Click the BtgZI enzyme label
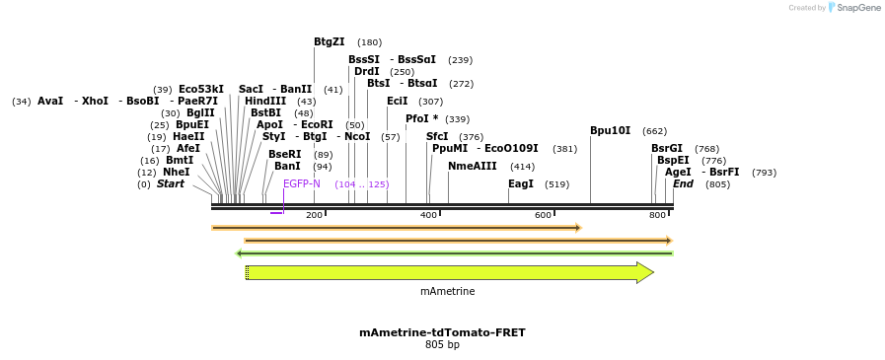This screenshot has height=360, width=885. point(329,42)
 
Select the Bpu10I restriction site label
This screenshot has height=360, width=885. point(610,130)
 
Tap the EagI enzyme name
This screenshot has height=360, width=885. point(520,184)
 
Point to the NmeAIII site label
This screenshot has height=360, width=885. point(472,166)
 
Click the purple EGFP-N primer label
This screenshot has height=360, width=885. point(302,184)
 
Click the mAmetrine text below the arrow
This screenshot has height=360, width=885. point(447,292)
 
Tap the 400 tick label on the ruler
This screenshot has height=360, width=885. point(428,215)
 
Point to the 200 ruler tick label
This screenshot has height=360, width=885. point(314,215)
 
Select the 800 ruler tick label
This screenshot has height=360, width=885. point(657,215)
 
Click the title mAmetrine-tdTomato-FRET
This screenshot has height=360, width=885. point(442,332)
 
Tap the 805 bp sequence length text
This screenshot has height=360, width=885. point(442,345)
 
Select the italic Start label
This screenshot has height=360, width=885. point(170,184)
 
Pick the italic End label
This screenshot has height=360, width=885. point(683,184)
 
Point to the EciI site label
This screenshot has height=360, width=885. point(397,101)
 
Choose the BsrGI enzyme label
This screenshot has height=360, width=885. point(666,148)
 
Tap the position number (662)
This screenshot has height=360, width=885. point(654,131)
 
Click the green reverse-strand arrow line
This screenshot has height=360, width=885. point(454,253)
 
